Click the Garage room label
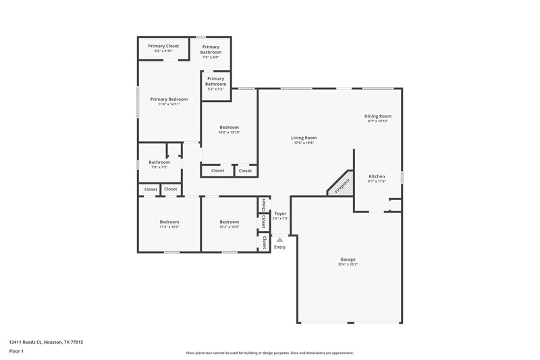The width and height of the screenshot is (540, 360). (348, 259)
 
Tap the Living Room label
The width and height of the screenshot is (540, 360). (304, 138)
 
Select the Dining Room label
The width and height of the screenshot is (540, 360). (379, 116)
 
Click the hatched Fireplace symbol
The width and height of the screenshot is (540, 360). (341, 184)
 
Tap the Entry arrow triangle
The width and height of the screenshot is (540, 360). (279, 238)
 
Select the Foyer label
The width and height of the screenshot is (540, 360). (280, 213)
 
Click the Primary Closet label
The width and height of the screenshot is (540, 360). (163, 46)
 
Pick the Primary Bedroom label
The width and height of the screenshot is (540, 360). (169, 99)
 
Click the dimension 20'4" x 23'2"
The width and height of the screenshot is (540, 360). (348, 265)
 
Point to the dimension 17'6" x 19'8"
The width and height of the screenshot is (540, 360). (304, 143)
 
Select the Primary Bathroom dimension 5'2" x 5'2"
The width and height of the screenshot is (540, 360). (216, 89)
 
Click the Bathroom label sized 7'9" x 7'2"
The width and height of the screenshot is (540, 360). (159, 162)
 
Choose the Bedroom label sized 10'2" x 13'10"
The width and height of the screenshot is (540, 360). (229, 127)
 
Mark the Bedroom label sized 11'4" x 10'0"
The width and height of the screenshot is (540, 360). (169, 222)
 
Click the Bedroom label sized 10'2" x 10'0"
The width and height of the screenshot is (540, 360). (229, 222)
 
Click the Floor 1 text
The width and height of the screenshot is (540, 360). (16, 351)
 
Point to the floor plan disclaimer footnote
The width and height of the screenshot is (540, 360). (269, 353)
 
